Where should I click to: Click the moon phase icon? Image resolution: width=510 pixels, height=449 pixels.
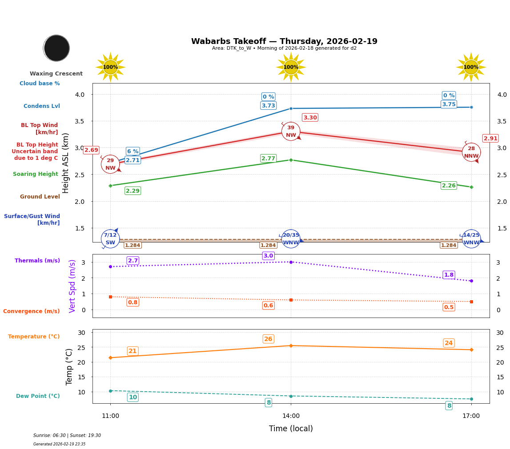[56, 48]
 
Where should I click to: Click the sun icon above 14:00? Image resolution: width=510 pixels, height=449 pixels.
[291, 67]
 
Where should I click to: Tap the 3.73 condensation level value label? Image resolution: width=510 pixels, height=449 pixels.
[268, 106]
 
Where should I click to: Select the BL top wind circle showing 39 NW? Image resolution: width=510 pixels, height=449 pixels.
[291, 131]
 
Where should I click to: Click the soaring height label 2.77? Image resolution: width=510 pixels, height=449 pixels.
[268, 159]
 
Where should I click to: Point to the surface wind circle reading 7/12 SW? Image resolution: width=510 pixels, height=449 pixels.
[110, 238]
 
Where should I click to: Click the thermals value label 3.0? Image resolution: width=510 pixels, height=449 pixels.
[268, 256]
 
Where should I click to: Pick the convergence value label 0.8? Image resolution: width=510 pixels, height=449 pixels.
[133, 302]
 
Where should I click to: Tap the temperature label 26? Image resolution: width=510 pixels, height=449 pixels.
[268, 339]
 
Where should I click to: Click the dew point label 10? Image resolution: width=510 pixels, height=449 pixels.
[133, 397]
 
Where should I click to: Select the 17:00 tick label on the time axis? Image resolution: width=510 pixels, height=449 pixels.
[471, 416]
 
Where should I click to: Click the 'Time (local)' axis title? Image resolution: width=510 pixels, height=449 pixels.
[291, 429]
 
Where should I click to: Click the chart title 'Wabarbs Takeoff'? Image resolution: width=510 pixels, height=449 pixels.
[284, 41]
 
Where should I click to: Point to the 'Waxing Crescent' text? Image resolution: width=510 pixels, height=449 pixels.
[56, 74]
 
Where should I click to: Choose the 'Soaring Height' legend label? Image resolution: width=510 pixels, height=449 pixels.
[36, 174]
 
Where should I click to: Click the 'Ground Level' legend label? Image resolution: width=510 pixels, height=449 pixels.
[40, 197]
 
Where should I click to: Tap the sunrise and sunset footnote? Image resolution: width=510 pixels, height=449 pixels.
[67, 436]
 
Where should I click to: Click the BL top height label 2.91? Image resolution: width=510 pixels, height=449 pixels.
[490, 138]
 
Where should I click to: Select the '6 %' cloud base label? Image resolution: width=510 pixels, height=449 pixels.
[133, 151]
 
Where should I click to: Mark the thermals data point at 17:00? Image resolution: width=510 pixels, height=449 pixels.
[471, 281]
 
